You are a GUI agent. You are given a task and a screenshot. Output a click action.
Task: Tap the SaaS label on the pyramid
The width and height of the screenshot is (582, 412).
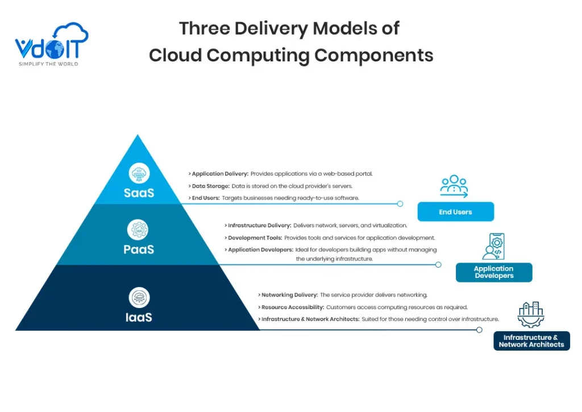tap(139, 193)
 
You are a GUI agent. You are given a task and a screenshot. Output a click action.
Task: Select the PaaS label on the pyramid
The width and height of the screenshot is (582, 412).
tap(139, 249)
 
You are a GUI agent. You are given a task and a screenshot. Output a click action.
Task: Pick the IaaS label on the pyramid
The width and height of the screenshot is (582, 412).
tap(139, 317)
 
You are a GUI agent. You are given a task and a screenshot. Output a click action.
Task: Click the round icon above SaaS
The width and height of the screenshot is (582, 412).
tap(139, 173)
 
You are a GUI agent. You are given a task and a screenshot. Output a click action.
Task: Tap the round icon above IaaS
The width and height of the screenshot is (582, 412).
tap(139, 297)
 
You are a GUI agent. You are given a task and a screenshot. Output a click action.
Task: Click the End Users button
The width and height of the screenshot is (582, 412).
tap(455, 212)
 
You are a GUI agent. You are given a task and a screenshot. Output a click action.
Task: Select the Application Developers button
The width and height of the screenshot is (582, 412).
tap(493, 272)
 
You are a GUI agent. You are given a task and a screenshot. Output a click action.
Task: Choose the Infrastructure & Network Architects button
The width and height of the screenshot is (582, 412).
tap(531, 341)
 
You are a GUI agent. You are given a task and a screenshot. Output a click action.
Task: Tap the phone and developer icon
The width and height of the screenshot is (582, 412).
tap(493, 246)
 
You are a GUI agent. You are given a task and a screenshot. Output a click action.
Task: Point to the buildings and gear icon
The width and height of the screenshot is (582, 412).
tap(531, 315)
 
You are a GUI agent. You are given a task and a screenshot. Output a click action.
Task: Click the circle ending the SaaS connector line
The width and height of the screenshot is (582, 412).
tap(400, 203)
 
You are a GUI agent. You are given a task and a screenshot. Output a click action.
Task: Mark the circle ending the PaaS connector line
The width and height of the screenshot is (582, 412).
tap(438, 264)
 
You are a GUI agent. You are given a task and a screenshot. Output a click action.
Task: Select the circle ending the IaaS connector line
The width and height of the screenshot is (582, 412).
tap(479, 330)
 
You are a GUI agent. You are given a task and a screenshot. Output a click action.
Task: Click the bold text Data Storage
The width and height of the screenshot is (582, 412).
tap(210, 186)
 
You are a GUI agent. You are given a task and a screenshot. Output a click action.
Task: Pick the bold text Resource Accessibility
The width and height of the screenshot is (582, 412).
tap(292, 307)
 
